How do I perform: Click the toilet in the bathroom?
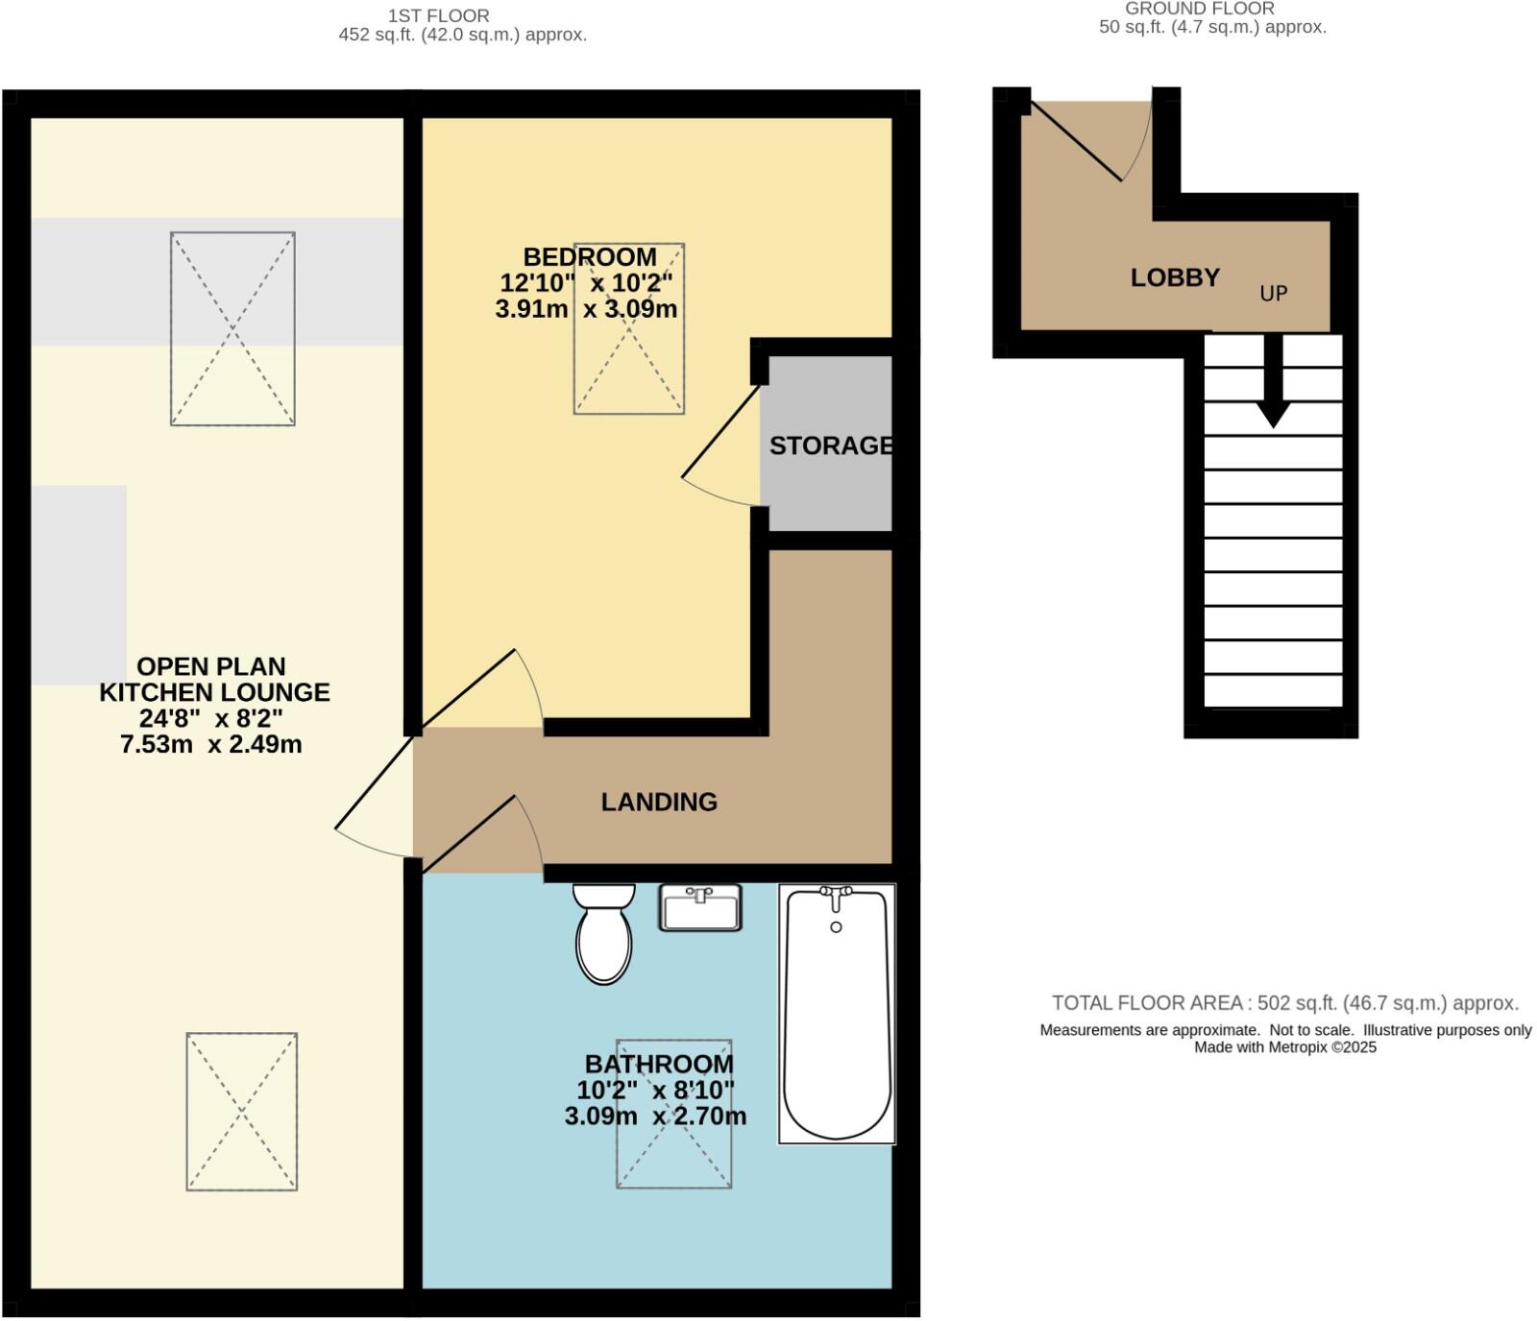pyautogui.click(x=603, y=936)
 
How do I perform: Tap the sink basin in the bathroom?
pyautogui.click(x=700, y=908)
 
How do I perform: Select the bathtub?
pyautogui.click(x=837, y=1014)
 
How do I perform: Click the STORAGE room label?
pyautogui.click(x=831, y=445)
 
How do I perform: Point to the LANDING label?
pyautogui.click(x=659, y=802)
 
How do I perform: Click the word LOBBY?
pyautogui.click(x=1175, y=277)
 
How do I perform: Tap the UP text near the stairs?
pyautogui.click(x=1273, y=294)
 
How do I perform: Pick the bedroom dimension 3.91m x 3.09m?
pyautogui.click(x=586, y=309)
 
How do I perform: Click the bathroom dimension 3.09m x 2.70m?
pyautogui.click(x=655, y=1117)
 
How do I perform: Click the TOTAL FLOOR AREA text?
pyautogui.click(x=1284, y=1003)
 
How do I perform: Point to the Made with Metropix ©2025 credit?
pyautogui.click(x=1284, y=1047)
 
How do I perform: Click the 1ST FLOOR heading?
pyautogui.click(x=439, y=15)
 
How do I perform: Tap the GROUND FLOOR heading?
pyautogui.click(x=1200, y=9)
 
